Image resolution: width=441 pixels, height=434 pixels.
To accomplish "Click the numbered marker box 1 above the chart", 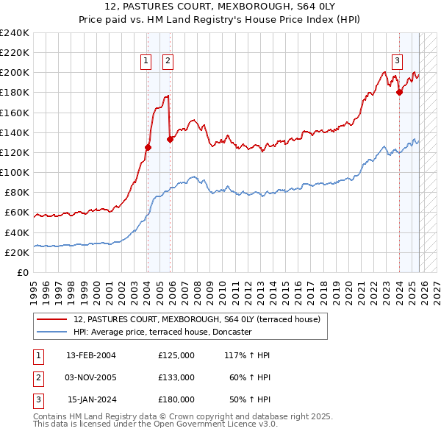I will click(x=146, y=61).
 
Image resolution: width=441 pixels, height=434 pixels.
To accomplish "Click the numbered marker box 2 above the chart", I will click(x=168, y=61).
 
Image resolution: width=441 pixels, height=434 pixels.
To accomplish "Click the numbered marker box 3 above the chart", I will click(x=397, y=61).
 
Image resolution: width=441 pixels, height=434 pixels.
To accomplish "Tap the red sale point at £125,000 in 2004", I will click(x=148, y=147).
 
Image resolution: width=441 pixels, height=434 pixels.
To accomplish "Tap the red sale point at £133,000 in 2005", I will click(x=170, y=139).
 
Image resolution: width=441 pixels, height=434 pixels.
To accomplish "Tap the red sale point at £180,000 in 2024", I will click(x=399, y=92).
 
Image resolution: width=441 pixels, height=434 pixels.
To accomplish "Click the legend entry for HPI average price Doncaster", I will click(x=162, y=332).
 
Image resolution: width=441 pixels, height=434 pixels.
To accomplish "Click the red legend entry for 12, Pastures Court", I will click(x=196, y=319).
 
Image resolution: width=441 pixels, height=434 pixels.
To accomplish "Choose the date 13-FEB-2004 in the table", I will click(x=91, y=355).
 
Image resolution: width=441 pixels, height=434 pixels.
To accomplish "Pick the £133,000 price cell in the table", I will click(x=176, y=377).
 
